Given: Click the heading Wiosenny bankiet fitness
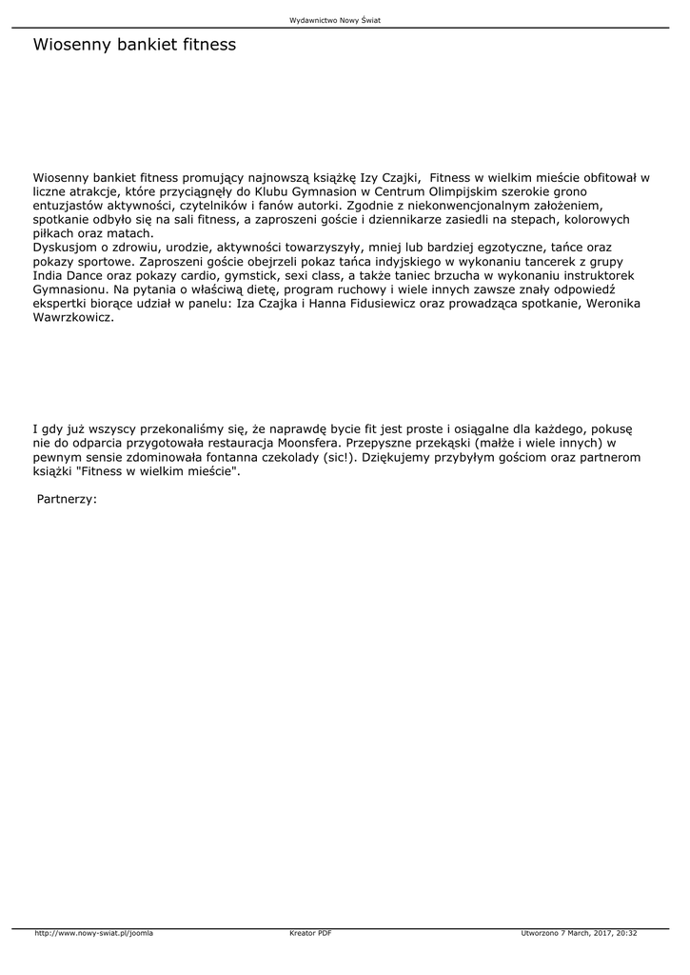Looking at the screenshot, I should [x=134, y=45].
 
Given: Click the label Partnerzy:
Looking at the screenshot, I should [x=67, y=498].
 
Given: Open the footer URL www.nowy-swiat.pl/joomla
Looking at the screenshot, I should [x=94, y=933].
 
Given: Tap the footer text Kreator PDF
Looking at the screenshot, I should [x=310, y=933].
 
